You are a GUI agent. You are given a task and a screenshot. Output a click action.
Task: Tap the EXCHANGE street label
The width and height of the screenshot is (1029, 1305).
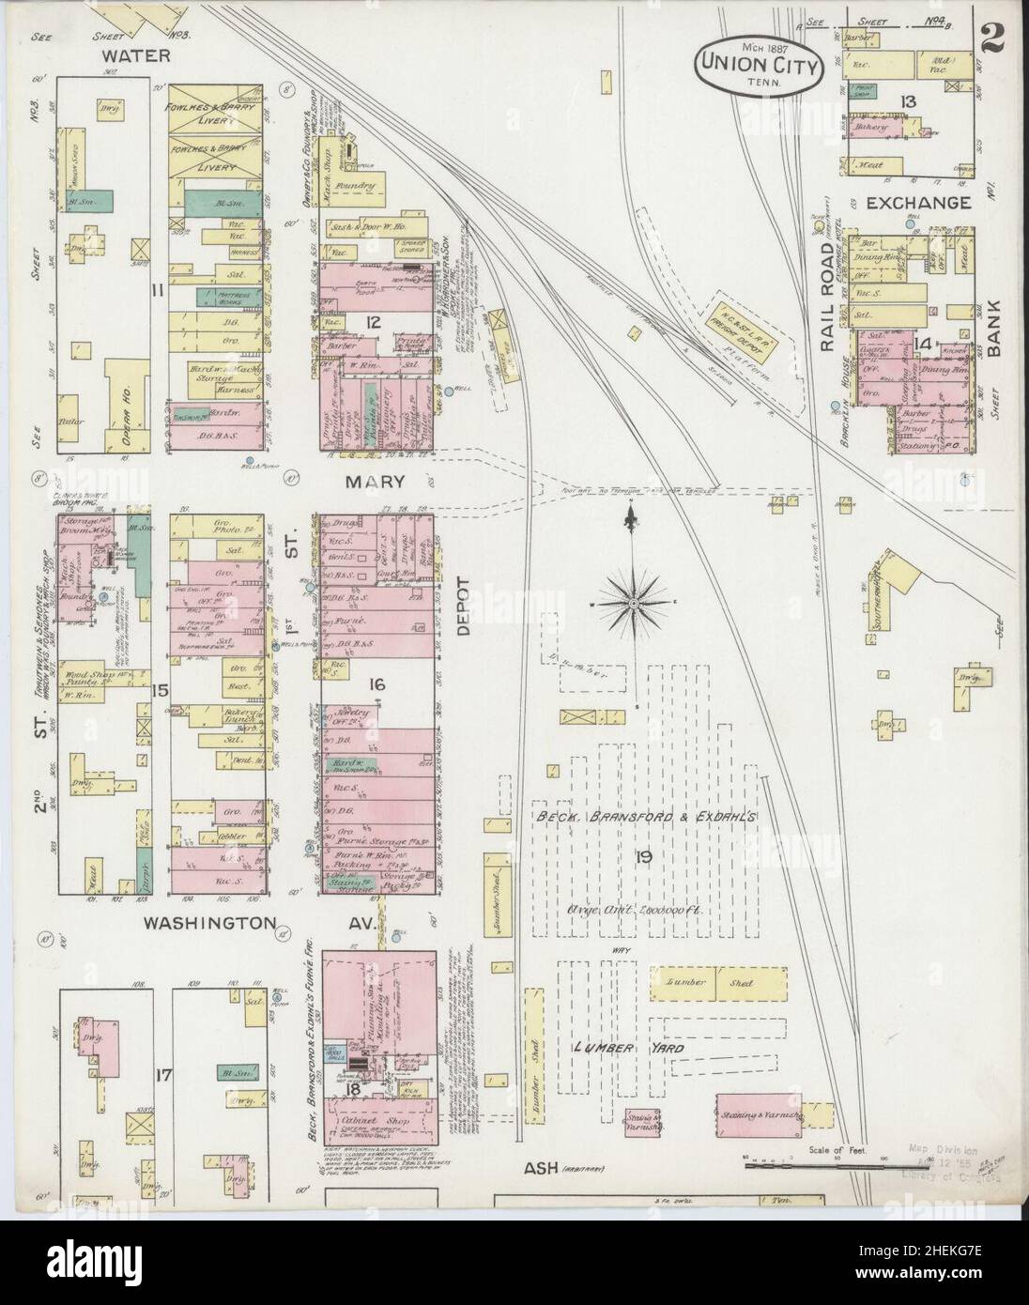tap(917, 203)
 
